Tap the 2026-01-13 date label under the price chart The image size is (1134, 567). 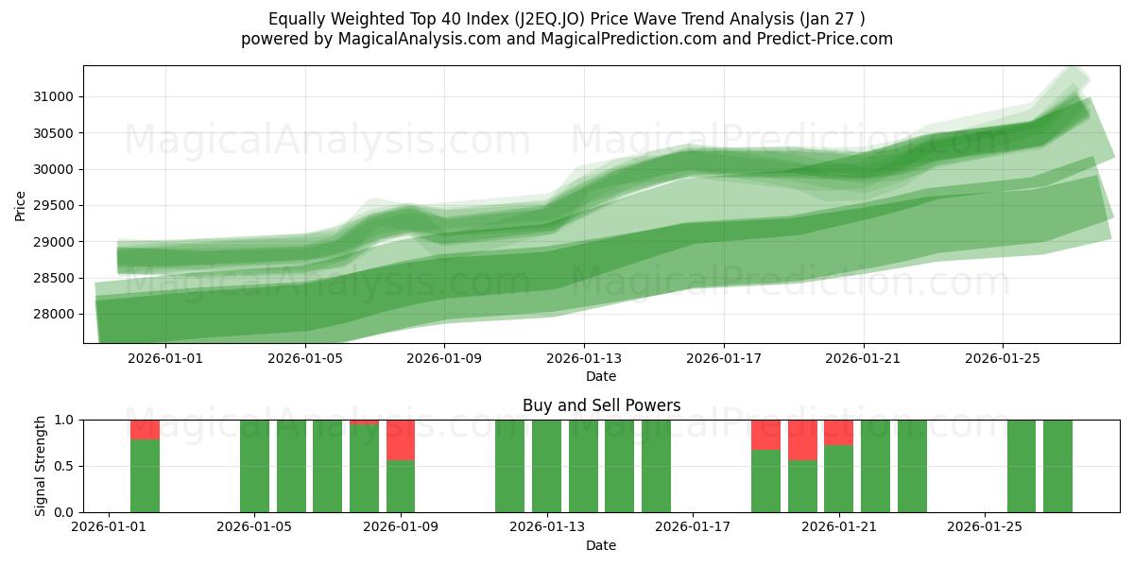[584, 358]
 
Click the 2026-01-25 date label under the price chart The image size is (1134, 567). [1003, 358]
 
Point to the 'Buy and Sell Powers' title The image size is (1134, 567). [601, 405]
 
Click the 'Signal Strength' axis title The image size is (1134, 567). [41, 466]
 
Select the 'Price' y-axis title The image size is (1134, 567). [21, 205]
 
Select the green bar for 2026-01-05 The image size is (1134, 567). [254, 466]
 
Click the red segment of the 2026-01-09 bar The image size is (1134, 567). [401, 439]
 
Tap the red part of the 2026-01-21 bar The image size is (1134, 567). [839, 432]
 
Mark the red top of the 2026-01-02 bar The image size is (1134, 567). [145, 429]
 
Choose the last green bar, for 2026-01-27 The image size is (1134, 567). [1057, 466]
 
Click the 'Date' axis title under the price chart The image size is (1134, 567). [601, 376]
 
